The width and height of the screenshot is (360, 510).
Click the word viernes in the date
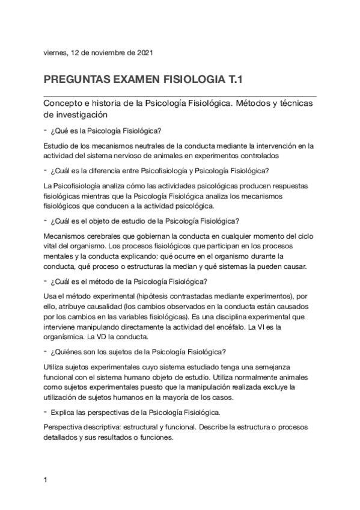pos(55,52)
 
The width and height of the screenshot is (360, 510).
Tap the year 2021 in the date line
pos(144,52)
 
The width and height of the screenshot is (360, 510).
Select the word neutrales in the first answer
pos(156,146)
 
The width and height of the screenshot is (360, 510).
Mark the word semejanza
pos(290,367)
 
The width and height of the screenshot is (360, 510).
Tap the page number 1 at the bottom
pos(46,479)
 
